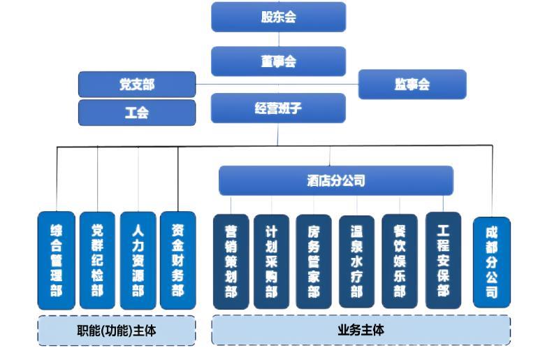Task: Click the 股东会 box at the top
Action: point(278,17)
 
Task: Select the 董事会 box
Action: point(278,62)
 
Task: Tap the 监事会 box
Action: point(412,85)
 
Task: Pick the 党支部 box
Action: point(136,85)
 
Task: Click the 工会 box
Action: point(136,113)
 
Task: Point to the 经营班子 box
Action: point(278,108)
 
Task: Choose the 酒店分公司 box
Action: point(335,180)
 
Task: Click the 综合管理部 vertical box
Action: point(56,261)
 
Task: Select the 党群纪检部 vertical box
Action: point(96,261)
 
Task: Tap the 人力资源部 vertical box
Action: point(138,261)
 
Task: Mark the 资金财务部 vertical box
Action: point(177,261)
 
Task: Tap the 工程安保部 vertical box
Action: point(443,261)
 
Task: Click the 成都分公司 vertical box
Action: point(491,262)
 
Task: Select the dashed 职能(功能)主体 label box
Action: point(116,331)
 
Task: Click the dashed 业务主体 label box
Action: point(361,330)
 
